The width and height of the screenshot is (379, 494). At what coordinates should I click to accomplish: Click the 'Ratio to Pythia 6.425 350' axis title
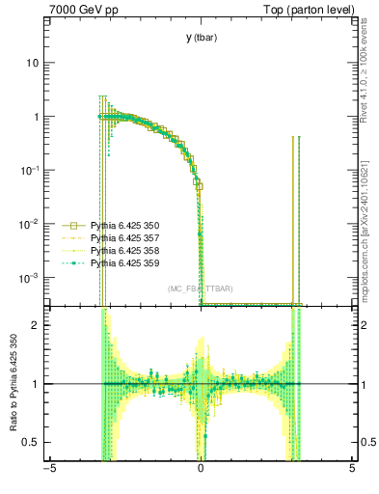click(x=12, y=385)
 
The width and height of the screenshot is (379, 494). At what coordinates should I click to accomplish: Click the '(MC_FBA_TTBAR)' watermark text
click(x=200, y=288)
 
